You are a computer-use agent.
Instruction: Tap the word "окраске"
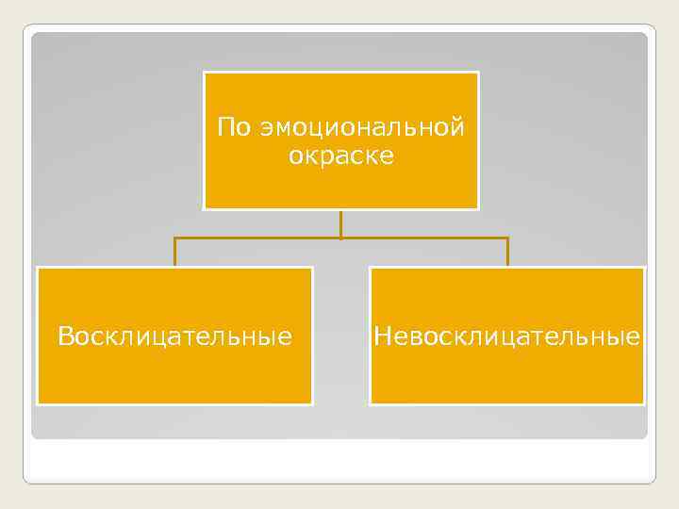pos(341,156)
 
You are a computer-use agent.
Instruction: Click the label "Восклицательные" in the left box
pos(174,336)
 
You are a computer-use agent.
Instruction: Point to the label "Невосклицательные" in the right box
pos(507,336)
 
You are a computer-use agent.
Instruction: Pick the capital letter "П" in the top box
pos(224,127)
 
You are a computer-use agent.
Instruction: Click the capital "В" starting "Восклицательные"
pos(64,336)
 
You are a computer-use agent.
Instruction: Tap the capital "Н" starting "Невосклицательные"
pos(381,336)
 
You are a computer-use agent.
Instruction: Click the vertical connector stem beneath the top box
pos(341,223)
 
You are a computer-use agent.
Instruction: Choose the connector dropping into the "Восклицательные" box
pos(174,253)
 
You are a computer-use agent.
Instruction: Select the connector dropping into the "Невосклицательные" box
pos(507,253)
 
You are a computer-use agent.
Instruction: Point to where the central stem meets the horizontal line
pos(341,238)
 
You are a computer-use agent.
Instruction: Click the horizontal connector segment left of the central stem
pos(257,238)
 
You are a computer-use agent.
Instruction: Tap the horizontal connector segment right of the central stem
pos(424,238)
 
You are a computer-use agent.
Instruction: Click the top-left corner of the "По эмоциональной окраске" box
pos(205,73)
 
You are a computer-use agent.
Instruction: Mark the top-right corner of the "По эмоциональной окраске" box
pos(477,73)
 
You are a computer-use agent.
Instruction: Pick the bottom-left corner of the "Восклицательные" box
pos(38,402)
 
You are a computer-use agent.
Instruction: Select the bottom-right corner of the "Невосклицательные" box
pos(644,402)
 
